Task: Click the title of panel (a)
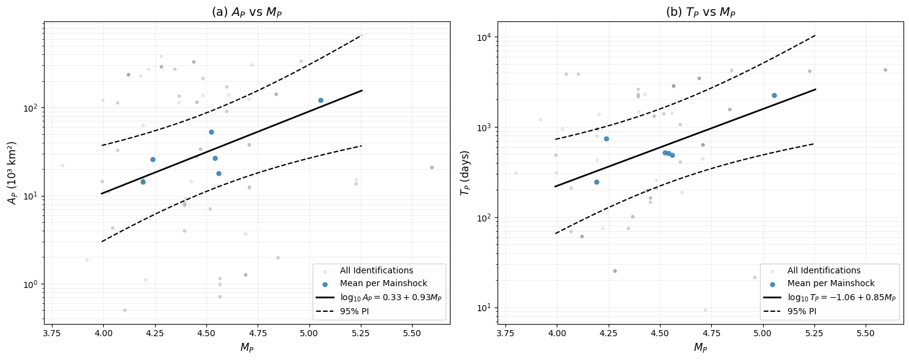[247, 12]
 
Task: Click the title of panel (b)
[700, 12]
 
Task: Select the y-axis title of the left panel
[12, 173]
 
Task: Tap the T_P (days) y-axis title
[465, 173]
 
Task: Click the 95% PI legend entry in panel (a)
[363, 311]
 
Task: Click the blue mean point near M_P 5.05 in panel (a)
[321, 100]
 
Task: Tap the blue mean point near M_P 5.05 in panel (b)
[774, 95]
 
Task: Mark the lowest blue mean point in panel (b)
[596, 182]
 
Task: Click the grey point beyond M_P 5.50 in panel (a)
[432, 167]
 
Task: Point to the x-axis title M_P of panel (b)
[700, 348]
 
